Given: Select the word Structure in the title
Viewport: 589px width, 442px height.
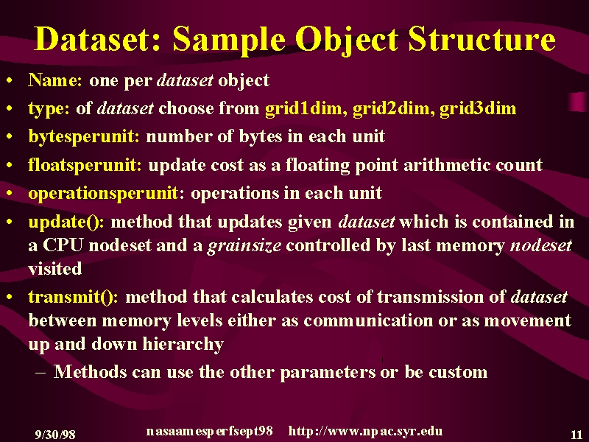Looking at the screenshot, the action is click(x=482, y=39).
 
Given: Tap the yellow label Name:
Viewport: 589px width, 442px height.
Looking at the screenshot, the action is click(x=55, y=80).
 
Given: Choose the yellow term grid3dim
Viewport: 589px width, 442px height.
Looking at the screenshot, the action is click(x=478, y=108).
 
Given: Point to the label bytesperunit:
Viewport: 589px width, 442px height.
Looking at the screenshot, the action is click(x=84, y=136).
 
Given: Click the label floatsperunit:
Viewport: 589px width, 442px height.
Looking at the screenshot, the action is click(x=85, y=164).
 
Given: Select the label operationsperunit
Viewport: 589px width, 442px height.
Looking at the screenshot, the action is click(x=103, y=193).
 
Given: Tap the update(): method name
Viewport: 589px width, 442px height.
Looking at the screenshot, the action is click(x=66, y=222).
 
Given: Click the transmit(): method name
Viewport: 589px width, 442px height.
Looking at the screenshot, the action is click(x=73, y=297).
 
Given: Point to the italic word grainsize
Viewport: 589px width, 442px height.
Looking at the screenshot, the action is click(x=244, y=245).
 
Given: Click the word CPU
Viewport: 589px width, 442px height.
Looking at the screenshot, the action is click(x=63, y=245).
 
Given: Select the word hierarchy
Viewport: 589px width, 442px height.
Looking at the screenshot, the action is click(x=183, y=343).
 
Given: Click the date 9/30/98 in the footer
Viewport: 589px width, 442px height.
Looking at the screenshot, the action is click(x=55, y=435).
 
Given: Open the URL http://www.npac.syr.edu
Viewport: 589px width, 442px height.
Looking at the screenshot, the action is click(x=365, y=431).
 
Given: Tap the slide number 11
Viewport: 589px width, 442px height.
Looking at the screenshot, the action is click(x=576, y=435).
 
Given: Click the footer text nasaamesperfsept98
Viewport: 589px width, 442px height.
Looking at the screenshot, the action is click(x=209, y=431).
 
